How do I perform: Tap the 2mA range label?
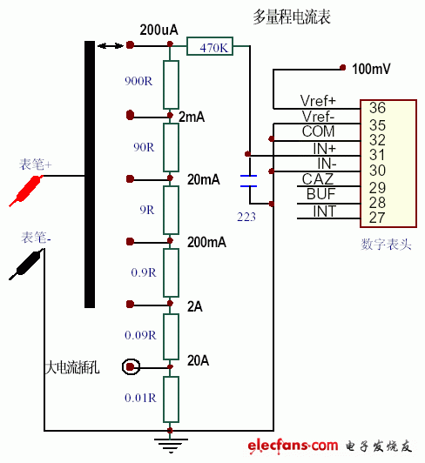tap(192, 117)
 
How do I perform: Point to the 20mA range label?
tap(204, 180)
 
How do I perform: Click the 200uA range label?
tap(159, 30)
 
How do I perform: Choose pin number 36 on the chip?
tap(377, 109)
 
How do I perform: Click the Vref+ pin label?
tap(318, 101)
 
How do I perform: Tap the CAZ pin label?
tap(319, 178)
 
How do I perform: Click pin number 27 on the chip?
tap(377, 218)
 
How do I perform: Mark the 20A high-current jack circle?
tap(131, 366)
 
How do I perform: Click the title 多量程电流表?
tap(293, 17)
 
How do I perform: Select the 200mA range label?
tap(206, 243)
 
